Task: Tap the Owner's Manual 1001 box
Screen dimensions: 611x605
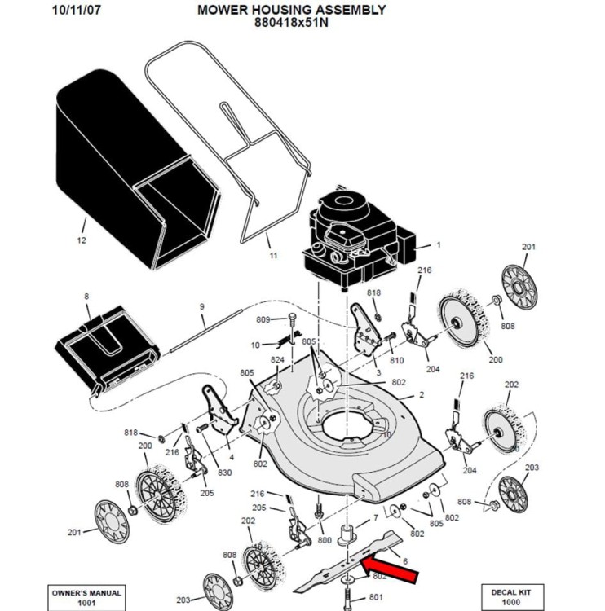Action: [x=86, y=596]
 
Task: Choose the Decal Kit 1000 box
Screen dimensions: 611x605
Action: [x=517, y=596]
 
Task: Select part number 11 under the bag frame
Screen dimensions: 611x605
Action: [x=273, y=255]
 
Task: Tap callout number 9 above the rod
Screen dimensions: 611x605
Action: [x=201, y=306]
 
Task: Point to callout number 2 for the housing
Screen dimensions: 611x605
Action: [x=422, y=394]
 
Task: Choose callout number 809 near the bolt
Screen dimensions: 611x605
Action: [x=263, y=319]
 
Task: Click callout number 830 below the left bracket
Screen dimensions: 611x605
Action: [x=224, y=473]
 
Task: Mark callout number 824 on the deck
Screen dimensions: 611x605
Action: [x=277, y=360]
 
